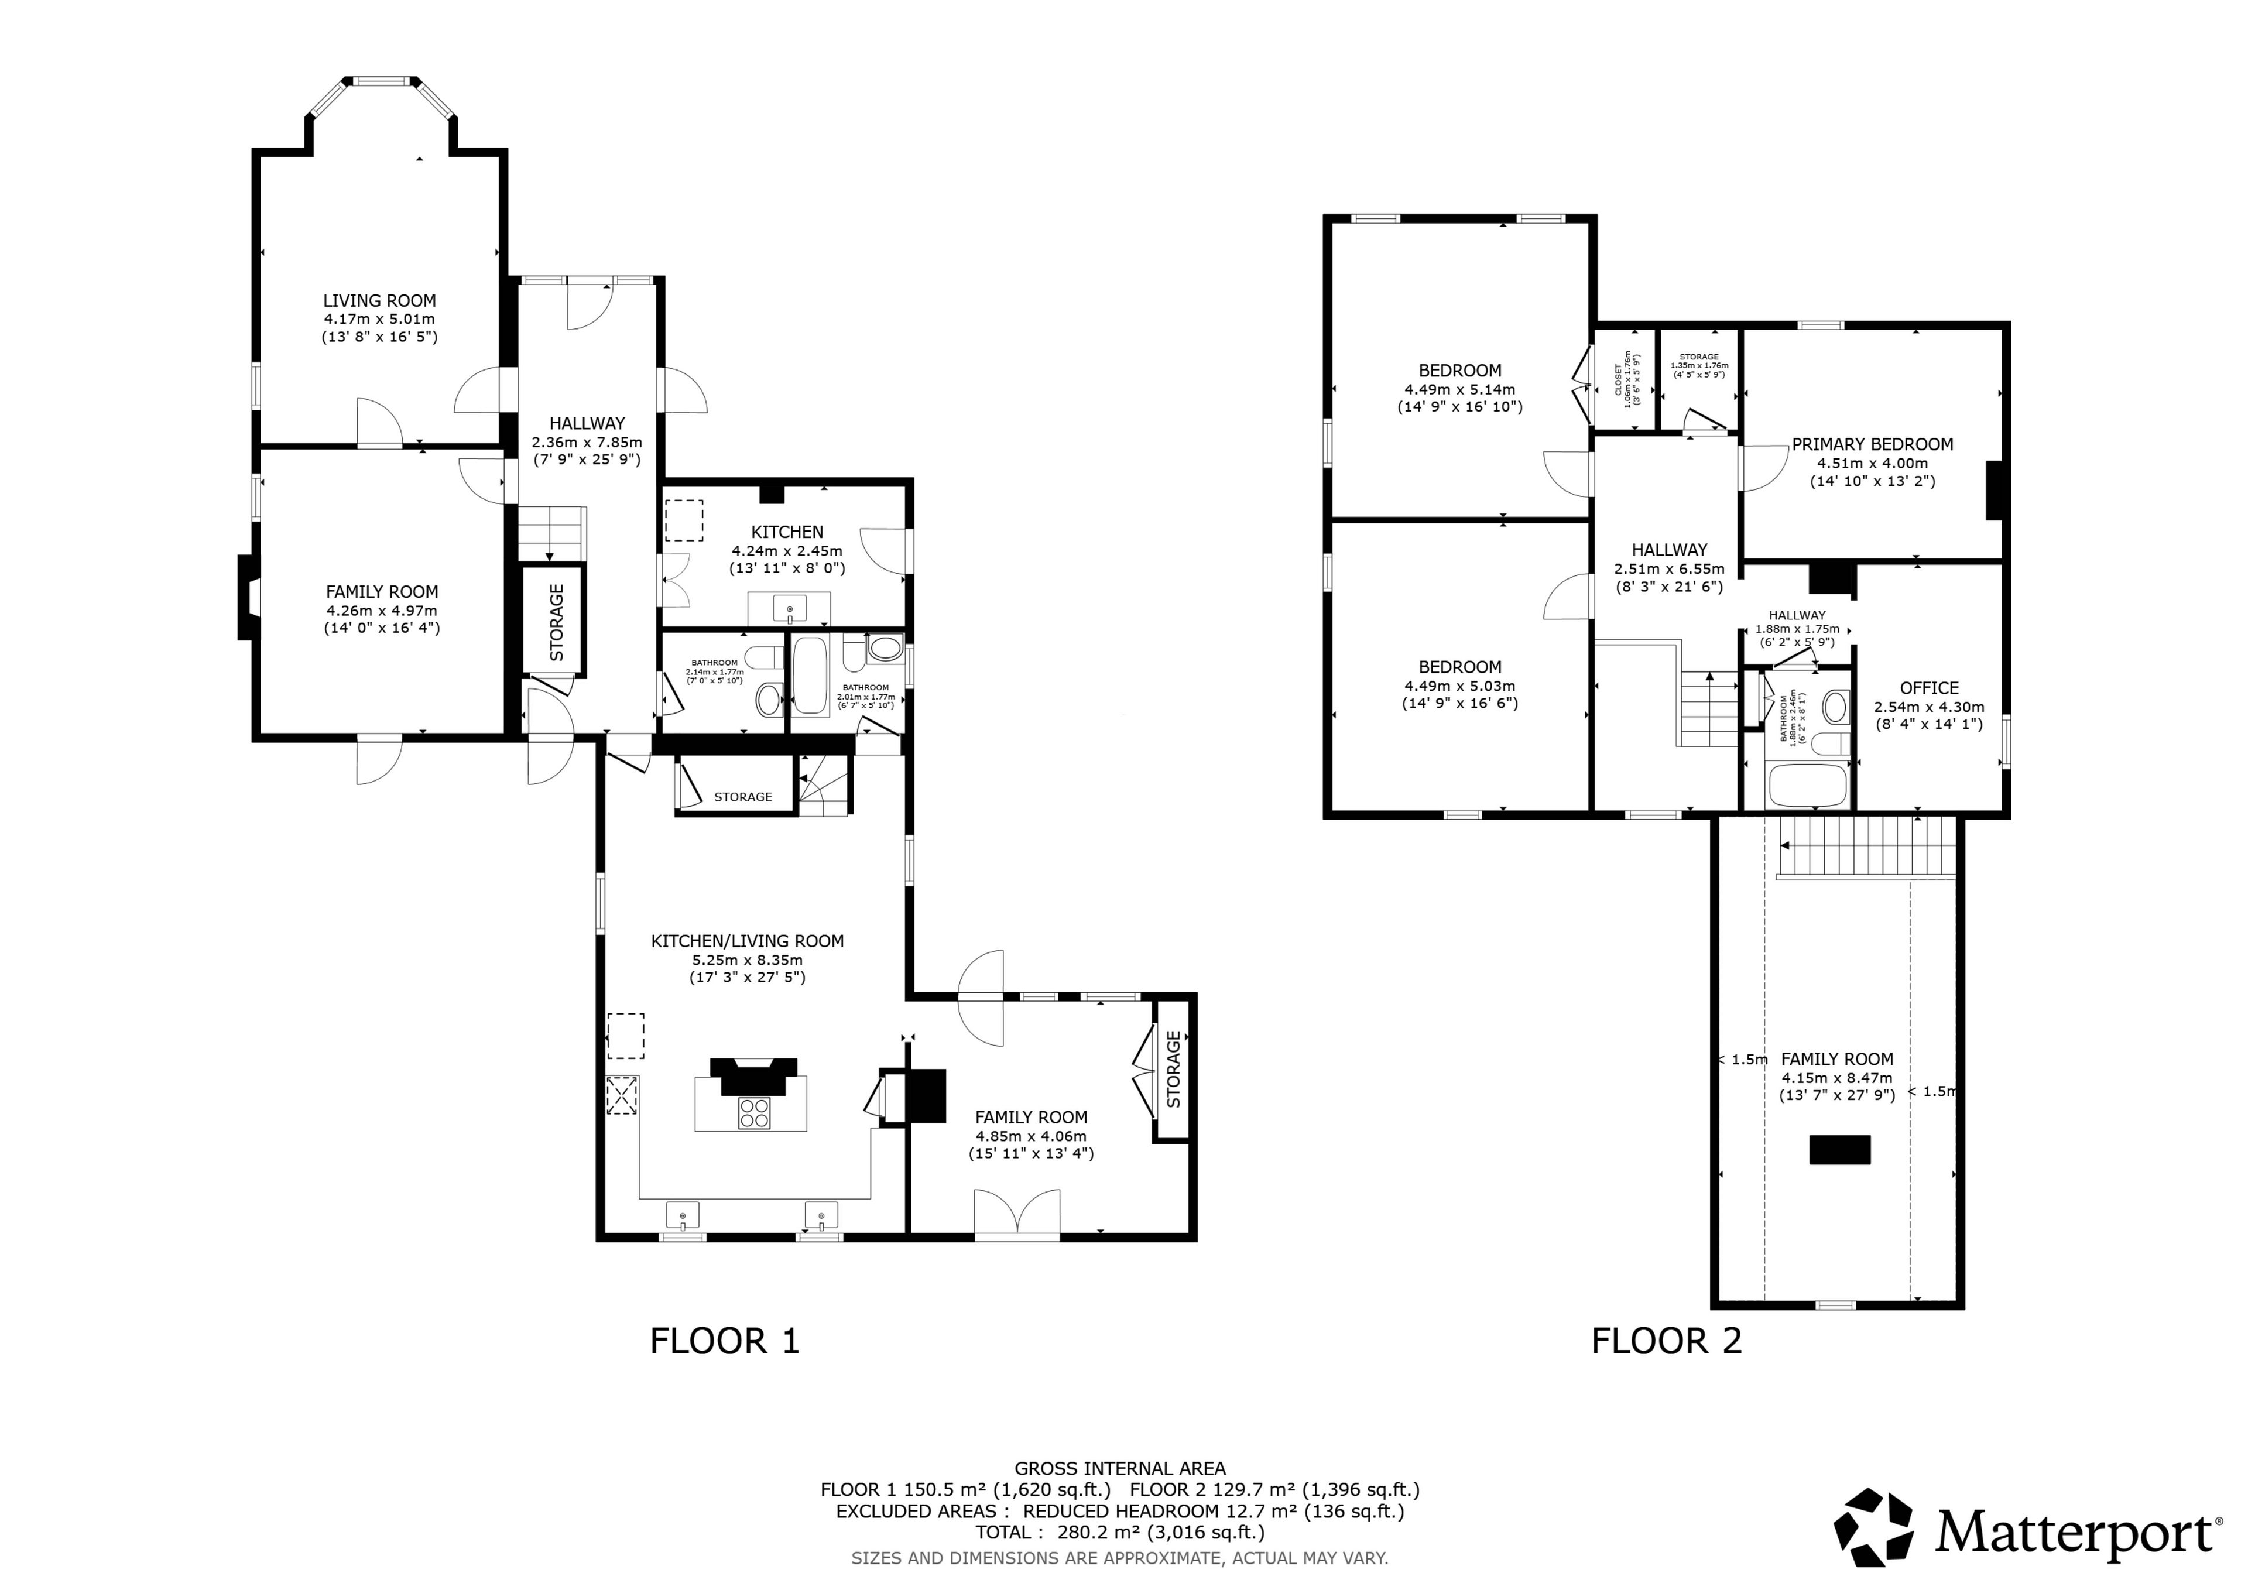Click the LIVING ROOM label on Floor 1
[380, 300]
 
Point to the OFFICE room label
[1929, 688]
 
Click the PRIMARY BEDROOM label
[1872, 444]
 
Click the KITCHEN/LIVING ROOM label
[747, 941]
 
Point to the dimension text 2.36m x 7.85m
[587, 441]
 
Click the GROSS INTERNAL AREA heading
[1120, 1469]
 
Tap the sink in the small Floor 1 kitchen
[789, 609]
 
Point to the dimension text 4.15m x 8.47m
[1837, 1078]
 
